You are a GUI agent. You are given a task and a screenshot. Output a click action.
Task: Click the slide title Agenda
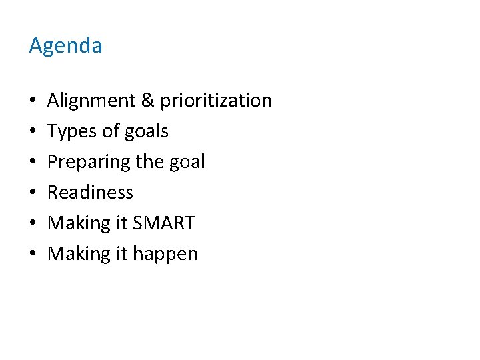[x=65, y=46]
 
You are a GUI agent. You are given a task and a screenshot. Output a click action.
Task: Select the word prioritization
[x=216, y=101]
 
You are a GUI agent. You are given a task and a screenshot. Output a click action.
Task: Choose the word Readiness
[x=91, y=193]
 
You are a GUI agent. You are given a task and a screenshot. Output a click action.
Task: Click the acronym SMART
[x=164, y=223]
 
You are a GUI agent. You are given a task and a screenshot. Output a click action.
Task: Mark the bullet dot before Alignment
[x=33, y=101]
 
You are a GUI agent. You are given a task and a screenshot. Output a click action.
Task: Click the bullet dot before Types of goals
[x=33, y=132]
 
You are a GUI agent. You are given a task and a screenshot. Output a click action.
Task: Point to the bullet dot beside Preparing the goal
[x=33, y=163]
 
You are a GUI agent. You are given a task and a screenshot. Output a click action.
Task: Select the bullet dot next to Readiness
[x=33, y=193]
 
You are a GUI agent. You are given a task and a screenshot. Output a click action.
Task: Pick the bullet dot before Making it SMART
[x=33, y=224]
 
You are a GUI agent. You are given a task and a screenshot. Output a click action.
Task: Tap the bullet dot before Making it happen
[x=33, y=255]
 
